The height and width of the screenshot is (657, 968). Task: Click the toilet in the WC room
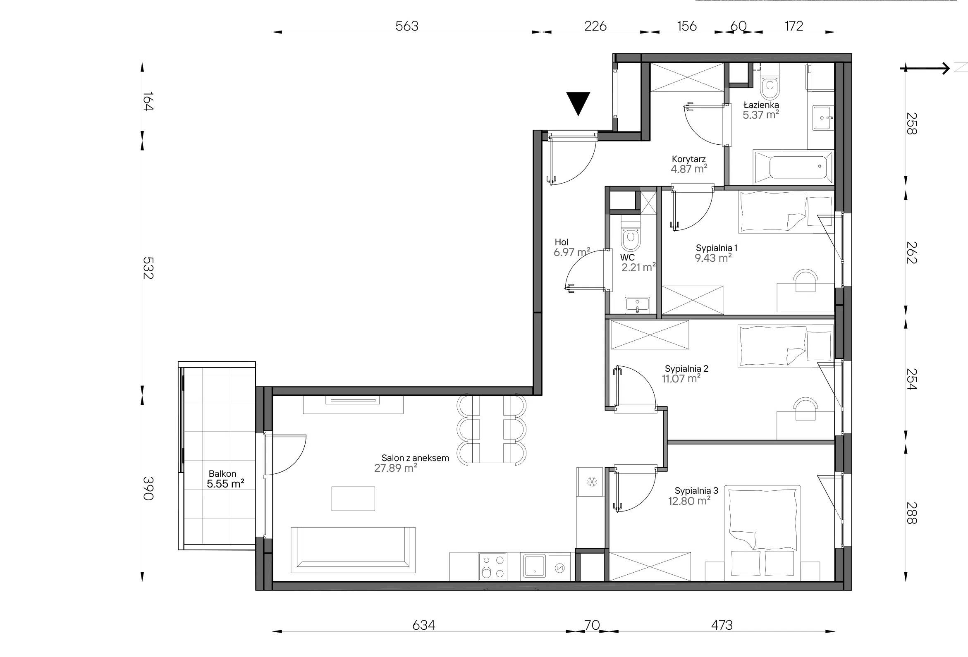[630, 235]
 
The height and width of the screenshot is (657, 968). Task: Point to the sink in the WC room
[637, 305]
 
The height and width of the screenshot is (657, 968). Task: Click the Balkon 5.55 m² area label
[225, 479]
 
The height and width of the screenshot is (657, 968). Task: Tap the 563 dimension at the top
[406, 26]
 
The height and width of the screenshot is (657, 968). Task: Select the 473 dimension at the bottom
[722, 625]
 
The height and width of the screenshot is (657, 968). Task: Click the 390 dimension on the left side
[148, 488]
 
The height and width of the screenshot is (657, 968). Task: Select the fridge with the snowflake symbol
[590, 482]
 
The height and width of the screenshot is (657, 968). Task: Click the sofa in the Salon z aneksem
[353, 550]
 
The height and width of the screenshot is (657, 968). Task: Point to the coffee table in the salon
[353, 498]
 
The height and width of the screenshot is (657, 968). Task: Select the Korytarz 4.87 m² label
[688, 164]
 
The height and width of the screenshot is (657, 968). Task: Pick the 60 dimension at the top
[738, 26]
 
